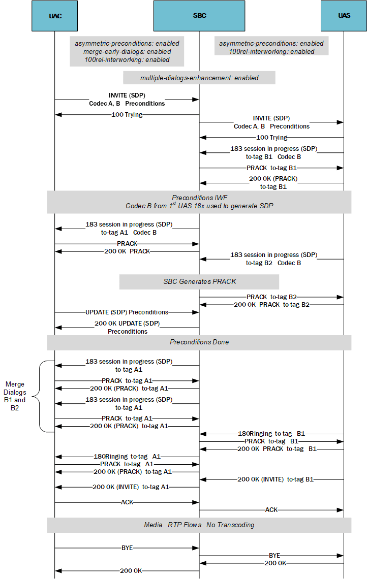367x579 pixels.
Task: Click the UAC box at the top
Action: coord(55,16)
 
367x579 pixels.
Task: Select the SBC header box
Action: coord(199,16)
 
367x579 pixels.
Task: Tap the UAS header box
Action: coord(344,16)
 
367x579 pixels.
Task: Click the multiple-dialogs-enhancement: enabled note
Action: coord(199,78)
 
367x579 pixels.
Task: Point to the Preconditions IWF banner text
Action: coord(199,202)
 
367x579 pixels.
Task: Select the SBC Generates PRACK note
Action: coord(199,281)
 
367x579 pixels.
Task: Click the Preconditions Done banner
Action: coord(199,342)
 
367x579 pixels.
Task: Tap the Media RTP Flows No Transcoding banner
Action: coord(199,525)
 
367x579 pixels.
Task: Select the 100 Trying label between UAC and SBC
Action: coord(127,115)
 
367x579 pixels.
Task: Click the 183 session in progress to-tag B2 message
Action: coord(273,259)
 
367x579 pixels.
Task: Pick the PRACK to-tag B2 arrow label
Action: coord(271,297)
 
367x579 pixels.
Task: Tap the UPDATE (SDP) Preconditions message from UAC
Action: coord(127,312)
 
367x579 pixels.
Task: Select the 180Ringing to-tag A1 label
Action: coord(127,457)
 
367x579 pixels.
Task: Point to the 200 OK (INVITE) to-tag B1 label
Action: coord(275,479)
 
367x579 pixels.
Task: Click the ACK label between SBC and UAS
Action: coord(271,509)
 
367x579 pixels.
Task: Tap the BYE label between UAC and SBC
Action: coord(127,548)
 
